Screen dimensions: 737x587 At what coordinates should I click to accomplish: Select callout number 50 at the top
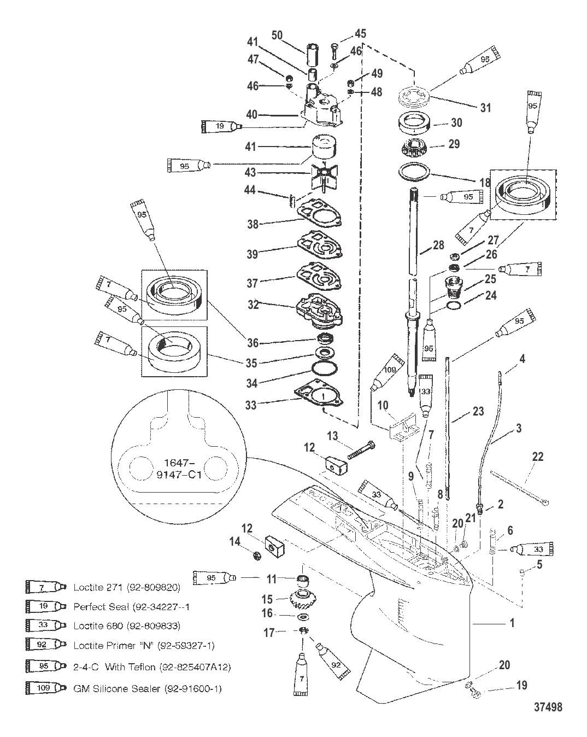click(277, 36)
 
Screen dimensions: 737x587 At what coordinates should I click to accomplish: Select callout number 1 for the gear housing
click(512, 622)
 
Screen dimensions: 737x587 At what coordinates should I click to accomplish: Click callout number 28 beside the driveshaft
click(438, 245)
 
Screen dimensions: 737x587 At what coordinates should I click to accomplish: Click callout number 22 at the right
click(538, 456)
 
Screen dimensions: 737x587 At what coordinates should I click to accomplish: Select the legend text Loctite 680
click(127, 625)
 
